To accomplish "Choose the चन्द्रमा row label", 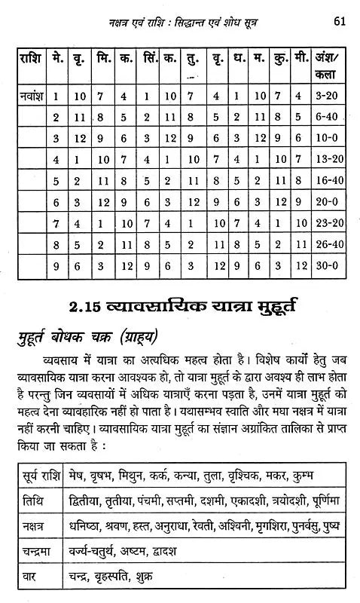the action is tap(41, 551).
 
